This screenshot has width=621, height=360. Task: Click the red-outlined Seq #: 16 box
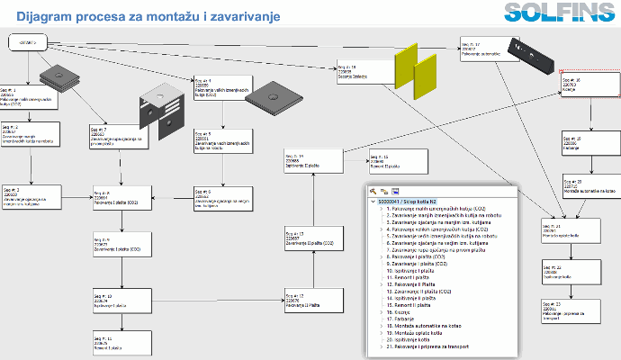[584, 86]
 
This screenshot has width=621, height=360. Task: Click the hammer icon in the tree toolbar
[372, 191]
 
